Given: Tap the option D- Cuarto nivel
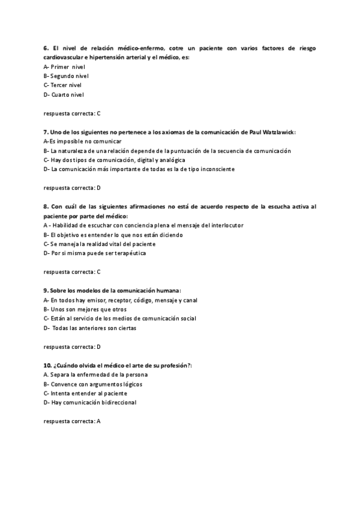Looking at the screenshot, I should (64, 94).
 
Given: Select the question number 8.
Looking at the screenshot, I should (46, 206).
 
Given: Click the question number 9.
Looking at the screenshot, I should (46, 291).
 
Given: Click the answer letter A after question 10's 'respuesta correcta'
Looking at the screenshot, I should (98, 421).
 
